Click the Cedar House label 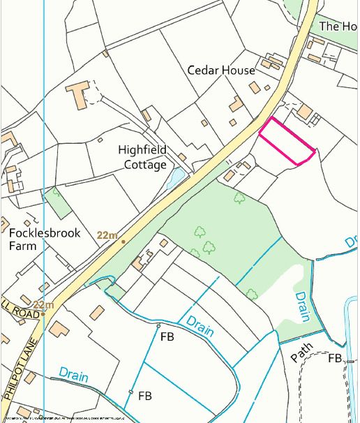(x=221, y=70)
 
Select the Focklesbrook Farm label (x=44, y=239)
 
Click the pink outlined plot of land (x=287, y=142)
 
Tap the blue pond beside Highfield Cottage (x=177, y=179)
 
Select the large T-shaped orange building (x=80, y=93)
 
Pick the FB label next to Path (x=336, y=358)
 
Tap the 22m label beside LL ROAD (x=43, y=305)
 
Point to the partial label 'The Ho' (x=338, y=27)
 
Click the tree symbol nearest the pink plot (x=239, y=198)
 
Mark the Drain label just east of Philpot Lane (x=74, y=376)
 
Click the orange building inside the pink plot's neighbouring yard (x=305, y=111)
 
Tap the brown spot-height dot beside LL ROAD (x=43, y=314)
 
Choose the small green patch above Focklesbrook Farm (x=58, y=202)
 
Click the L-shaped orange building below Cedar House (x=237, y=105)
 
